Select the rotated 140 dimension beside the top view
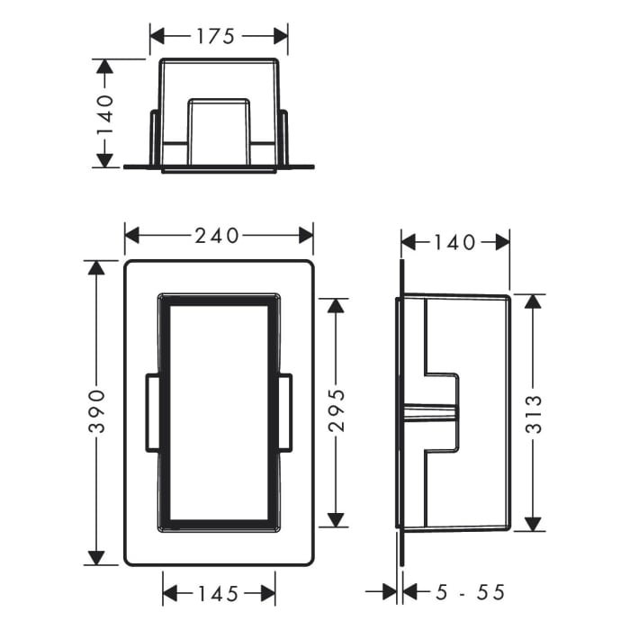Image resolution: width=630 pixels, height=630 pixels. pyautogui.click(x=105, y=113)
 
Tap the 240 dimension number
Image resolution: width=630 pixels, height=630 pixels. pyautogui.click(x=219, y=236)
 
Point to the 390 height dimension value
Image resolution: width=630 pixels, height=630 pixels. pyautogui.click(x=96, y=413)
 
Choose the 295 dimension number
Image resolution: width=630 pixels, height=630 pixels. pyautogui.click(x=336, y=412)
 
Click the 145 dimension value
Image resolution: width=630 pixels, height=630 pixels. pyautogui.click(x=219, y=593)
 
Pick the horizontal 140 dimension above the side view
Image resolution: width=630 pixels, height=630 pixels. pyautogui.click(x=455, y=242)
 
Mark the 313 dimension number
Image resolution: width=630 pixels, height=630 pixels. pyautogui.click(x=533, y=413)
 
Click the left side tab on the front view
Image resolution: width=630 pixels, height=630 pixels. pyautogui.click(x=152, y=413)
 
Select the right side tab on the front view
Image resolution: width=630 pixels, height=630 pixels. pyautogui.click(x=285, y=413)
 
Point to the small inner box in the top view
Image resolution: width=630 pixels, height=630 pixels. pyautogui.click(x=219, y=130)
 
